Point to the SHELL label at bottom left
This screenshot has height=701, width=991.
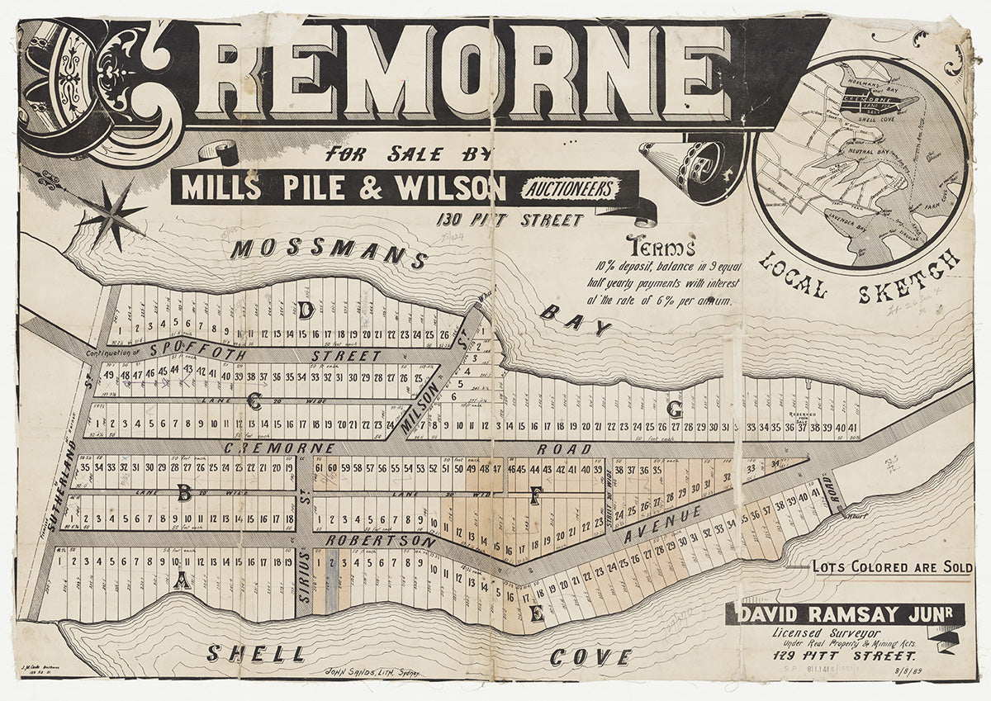point(256,654)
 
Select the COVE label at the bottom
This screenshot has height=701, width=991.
point(590,657)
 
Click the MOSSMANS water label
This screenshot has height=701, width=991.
point(329,253)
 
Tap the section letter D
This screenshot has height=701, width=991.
point(306,310)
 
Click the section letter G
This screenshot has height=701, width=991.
point(675,409)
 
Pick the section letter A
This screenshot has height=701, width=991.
point(182,581)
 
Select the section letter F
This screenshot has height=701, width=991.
point(535,495)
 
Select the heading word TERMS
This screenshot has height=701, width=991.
point(661,246)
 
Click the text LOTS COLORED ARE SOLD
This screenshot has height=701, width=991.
point(892,568)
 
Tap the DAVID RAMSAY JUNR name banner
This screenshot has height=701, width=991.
point(842,614)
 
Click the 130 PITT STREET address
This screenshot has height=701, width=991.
point(510,220)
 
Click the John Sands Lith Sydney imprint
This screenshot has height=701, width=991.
point(373,673)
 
